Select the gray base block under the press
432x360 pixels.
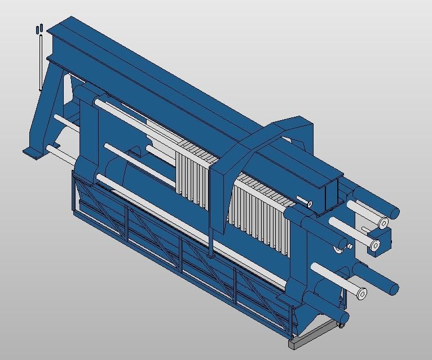pos(315,335)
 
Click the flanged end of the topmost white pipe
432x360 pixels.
pos(383,223)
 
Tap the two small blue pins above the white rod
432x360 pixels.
pos(39,29)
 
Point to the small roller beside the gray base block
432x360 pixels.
pos(341,325)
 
